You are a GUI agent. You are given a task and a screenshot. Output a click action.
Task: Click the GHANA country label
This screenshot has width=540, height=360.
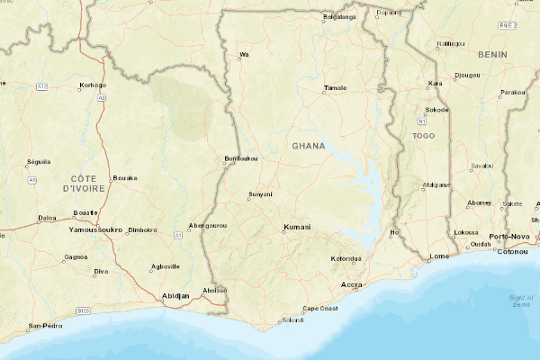(309, 145)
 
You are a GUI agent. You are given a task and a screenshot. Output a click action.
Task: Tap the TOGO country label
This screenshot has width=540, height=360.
(423, 136)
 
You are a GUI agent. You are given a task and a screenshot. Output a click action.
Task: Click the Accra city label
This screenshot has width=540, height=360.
(350, 285)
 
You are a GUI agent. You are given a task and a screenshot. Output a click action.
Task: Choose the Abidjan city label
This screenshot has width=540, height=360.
(175, 295)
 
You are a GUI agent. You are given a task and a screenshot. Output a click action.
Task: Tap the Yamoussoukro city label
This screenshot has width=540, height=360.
(95, 230)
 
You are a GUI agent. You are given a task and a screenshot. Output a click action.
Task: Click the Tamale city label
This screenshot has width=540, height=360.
(335, 88)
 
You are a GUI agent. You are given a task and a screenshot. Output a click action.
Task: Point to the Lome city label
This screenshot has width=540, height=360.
(439, 256)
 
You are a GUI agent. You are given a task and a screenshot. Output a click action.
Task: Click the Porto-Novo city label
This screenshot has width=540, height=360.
(509, 236)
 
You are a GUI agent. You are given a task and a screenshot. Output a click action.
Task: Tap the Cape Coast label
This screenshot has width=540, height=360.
(319, 309)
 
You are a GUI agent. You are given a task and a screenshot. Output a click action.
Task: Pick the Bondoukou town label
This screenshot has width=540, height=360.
(241, 159)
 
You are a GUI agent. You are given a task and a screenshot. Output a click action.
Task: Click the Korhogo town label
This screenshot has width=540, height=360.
(93, 85)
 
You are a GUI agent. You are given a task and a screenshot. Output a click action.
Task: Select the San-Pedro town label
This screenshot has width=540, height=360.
(44, 325)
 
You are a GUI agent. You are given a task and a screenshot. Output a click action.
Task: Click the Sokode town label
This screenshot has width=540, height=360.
(436, 110)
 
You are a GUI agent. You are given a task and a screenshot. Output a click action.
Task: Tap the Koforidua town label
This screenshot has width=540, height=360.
(346, 259)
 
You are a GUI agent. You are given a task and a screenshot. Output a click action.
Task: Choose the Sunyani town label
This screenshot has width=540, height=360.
(260, 194)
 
